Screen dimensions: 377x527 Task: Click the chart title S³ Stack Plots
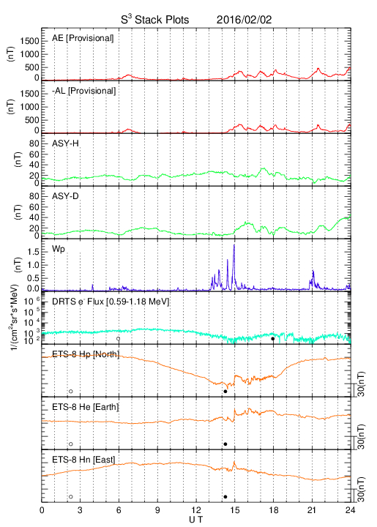[x=155, y=19]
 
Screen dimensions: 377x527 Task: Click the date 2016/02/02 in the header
[x=244, y=20]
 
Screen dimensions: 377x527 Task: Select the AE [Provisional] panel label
[x=83, y=38]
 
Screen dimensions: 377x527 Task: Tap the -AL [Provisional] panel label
[x=84, y=91]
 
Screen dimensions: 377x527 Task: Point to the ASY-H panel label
[x=66, y=143]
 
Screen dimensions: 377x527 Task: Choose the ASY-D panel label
[x=66, y=196]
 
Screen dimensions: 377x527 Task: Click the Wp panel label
[x=59, y=250]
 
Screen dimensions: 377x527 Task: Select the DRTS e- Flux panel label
[x=111, y=302]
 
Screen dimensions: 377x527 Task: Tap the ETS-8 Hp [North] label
[x=86, y=354]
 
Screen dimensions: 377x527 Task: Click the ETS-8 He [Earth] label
[x=86, y=407]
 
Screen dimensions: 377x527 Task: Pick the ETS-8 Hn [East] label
[x=83, y=460]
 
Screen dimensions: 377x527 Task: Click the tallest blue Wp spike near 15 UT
[x=234, y=245]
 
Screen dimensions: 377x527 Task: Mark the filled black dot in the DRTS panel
[x=273, y=339]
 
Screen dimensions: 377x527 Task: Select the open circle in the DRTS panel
[x=119, y=339]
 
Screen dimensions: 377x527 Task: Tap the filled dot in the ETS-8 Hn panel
[x=225, y=497]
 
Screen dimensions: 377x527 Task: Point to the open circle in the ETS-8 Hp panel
[x=71, y=391]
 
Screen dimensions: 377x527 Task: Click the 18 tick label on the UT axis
[x=274, y=510]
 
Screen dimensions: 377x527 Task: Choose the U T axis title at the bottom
[x=196, y=520]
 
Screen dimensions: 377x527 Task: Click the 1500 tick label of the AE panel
[x=30, y=41]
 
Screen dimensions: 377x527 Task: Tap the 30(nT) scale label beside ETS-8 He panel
[x=361, y=436]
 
